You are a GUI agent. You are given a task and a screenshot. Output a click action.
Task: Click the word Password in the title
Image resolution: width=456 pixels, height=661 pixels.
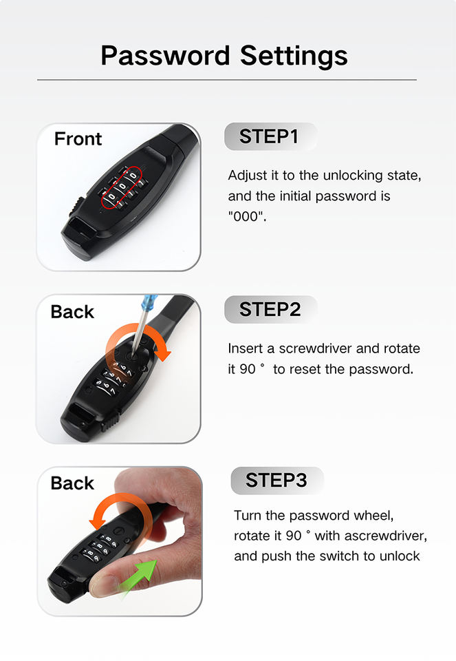166,56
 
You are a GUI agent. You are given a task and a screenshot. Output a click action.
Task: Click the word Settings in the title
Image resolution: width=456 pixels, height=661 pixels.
294,56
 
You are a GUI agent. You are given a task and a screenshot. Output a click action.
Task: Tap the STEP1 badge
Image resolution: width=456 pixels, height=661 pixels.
270,136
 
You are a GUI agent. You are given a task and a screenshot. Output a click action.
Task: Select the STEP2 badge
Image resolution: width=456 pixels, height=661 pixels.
270,309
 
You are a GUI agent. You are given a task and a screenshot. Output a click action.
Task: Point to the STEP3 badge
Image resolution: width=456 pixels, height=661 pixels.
277,481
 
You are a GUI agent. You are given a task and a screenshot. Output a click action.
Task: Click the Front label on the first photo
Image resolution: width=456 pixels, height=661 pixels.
78,138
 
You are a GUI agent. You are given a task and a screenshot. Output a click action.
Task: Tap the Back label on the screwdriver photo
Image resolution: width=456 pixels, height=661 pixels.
72,312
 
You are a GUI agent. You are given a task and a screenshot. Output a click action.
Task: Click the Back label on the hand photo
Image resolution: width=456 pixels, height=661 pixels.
72,483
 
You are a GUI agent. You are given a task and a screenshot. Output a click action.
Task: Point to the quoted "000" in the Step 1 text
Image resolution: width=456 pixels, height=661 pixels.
247,216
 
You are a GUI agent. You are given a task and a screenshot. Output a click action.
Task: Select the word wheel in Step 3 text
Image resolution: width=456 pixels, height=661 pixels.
373,516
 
